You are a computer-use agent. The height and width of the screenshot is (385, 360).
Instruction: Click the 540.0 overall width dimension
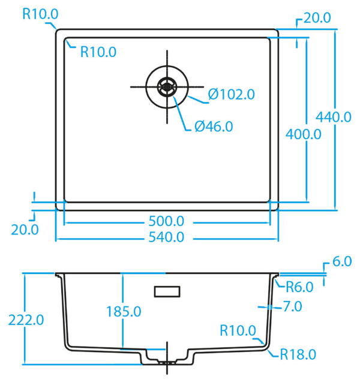166,237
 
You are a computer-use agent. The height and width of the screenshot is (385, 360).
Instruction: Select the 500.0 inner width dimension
166,221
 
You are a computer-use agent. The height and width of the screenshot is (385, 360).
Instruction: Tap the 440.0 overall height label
334,117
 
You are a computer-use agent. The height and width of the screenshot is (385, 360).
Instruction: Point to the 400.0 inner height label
304,134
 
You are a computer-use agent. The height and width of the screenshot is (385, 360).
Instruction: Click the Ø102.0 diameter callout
232,94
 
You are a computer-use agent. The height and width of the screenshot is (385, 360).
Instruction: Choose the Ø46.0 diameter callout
214,127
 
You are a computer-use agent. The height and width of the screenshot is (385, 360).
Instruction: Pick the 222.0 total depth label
26,320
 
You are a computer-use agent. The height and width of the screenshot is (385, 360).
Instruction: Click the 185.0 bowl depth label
124,312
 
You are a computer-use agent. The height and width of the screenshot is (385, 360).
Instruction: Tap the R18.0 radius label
298,354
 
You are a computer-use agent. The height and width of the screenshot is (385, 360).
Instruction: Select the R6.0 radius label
299,287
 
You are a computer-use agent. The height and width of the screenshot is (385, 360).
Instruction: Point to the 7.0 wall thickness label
293,306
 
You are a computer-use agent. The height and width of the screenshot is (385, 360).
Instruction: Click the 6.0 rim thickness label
342,261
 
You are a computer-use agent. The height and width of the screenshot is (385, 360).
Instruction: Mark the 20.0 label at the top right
317,18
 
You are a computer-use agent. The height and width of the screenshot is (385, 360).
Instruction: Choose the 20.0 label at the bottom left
25,230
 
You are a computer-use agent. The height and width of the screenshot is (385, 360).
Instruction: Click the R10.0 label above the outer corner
41,14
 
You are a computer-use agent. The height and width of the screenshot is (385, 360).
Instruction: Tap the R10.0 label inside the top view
98,52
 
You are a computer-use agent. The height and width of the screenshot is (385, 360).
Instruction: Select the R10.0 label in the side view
238,330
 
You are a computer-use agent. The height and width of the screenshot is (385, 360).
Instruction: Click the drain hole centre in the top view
167,87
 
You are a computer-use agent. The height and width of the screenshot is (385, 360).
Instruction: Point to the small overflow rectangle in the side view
167,291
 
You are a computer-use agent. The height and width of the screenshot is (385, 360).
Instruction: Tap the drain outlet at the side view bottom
167,362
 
